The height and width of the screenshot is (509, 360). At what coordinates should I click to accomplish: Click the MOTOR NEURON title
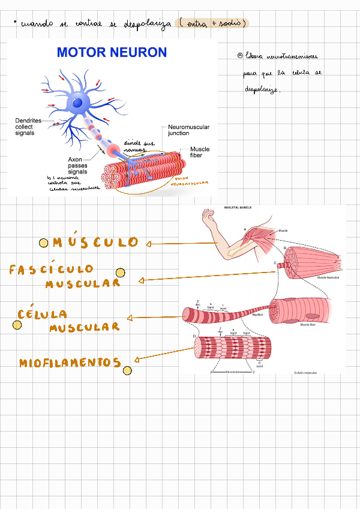(112, 53)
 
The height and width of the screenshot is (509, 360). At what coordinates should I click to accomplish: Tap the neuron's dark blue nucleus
(77, 103)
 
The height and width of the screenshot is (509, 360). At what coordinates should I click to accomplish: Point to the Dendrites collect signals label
(28, 127)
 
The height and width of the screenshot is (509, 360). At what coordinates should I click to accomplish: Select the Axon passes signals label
(77, 166)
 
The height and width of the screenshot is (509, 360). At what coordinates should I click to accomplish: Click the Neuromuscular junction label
(187, 130)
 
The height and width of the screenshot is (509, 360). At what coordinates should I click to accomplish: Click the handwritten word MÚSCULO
(95, 242)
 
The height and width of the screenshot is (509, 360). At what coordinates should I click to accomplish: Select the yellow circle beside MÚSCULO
(44, 243)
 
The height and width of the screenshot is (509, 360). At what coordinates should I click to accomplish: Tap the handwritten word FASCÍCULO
(51, 270)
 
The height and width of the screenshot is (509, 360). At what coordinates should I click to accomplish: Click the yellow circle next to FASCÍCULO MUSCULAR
(120, 273)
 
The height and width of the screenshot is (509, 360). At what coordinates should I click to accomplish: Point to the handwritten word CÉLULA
(42, 314)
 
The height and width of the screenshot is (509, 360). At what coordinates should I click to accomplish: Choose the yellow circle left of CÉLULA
(17, 326)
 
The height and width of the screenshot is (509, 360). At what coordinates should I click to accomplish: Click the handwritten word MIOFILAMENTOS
(70, 363)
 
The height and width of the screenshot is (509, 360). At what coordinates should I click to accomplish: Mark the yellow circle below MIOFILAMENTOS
(127, 370)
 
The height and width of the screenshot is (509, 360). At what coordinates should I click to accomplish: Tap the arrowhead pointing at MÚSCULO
(148, 244)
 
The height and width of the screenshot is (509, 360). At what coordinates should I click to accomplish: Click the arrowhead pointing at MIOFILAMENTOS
(137, 360)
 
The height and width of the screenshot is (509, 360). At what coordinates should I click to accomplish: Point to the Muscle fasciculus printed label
(329, 278)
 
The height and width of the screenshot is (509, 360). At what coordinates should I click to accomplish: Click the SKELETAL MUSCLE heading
(238, 208)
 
